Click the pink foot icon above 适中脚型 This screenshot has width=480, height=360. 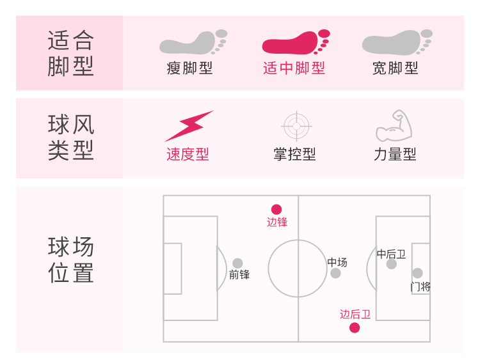(x=294, y=42)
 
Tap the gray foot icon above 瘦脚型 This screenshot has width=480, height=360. (x=191, y=42)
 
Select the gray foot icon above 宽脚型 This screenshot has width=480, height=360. (x=396, y=42)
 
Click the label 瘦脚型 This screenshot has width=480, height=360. (x=189, y=68)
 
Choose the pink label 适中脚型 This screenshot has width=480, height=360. (x=294, y=68)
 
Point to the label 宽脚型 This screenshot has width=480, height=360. (x=396, y=68)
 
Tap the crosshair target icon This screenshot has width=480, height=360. (x=296, y=126)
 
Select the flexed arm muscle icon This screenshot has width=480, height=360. (x=392, y=126)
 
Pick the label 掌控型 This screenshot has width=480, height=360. (x=294, y=155)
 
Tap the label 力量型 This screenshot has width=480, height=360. (x=395, y=155)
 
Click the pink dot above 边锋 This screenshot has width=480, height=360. (x=276, y=209)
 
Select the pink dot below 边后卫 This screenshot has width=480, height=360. (x=355, y=328)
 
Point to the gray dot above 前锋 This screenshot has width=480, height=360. (x=237, y=263)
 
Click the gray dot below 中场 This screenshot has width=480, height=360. (x=335, y=274)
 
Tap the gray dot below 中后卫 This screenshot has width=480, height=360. (x=392, y=264)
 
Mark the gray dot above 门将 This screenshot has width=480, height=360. (x=417, y=273)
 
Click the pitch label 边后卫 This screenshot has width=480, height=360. (x=355, y=314)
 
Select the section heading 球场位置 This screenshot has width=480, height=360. (x=70, y=260)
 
